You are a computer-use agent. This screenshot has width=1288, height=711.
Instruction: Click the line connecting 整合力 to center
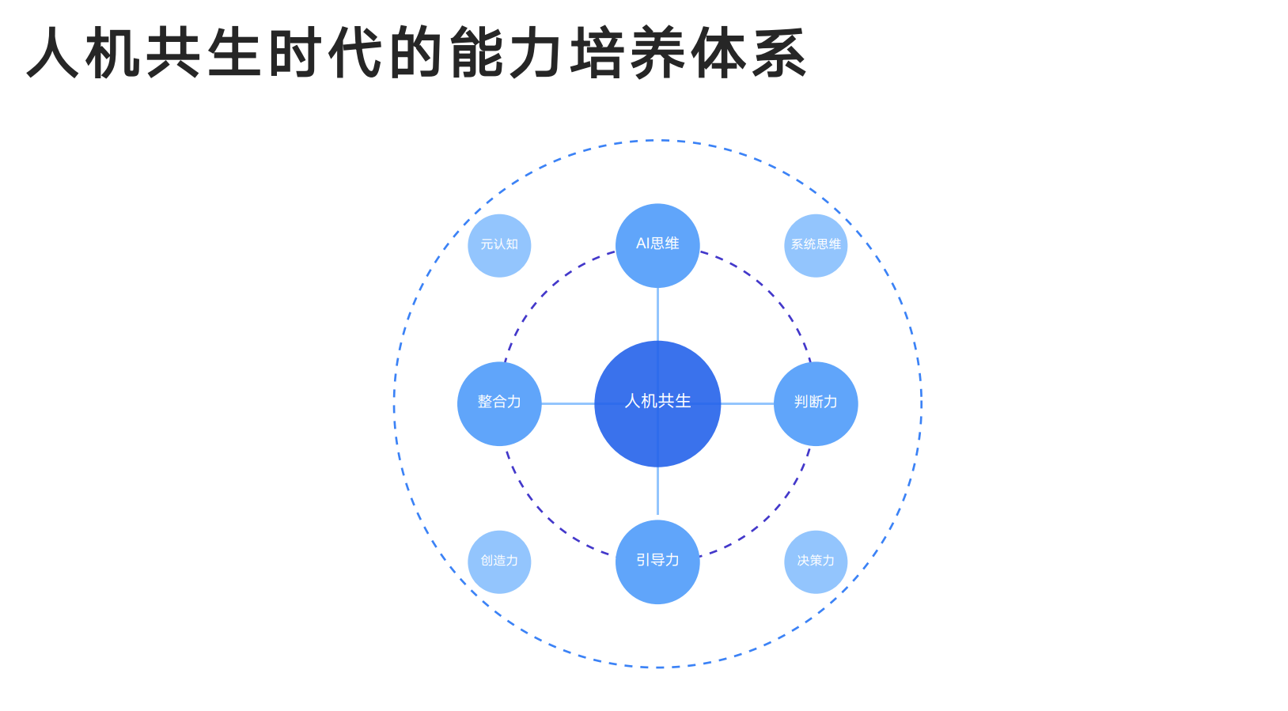click(568, 403)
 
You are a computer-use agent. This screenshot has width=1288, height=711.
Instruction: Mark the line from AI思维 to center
click(657, 315)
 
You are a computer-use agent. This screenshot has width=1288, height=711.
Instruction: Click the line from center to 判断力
click(747, 403)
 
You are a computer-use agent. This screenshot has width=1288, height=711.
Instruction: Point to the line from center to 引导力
click(657, 492)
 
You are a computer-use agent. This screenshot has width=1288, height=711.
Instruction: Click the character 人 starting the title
click(54, 53)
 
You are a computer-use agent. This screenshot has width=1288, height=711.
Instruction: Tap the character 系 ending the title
click(779, 53)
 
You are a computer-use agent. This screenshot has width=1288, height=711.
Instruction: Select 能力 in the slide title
click(509, 53)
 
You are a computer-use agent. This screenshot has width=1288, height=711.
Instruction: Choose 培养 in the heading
click(629, 53)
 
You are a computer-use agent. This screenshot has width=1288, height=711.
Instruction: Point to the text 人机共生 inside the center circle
click(657, 401)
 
